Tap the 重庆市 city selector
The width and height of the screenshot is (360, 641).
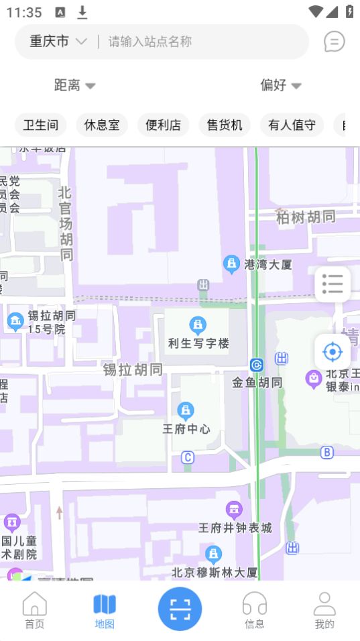pos(58,42)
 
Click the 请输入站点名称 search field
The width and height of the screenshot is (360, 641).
pos(201,42)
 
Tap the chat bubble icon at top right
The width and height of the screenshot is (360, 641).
pos(334,42)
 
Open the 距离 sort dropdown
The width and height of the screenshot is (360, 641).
pos(74,85)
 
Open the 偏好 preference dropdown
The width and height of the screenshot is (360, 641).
pos(280,85)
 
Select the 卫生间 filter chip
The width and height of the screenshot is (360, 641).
pos(41,125)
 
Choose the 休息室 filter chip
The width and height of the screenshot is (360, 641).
pos(102,125)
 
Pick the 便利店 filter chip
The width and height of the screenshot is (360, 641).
pos(164,125)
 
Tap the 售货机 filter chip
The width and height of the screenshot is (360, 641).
pos(225,125)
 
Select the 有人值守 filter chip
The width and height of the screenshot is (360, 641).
pos(292,125)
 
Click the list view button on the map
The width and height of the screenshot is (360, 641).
pos(333,284)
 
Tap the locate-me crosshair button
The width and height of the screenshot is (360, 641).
pos(333,351)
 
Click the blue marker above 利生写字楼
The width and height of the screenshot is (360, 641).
pos(198,326)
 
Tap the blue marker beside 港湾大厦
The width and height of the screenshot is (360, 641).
pos(231,264)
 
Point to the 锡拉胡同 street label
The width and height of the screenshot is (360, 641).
pos(133,369)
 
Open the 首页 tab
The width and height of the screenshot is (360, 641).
pos(35,610)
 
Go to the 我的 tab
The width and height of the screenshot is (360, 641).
pos(324,610)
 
